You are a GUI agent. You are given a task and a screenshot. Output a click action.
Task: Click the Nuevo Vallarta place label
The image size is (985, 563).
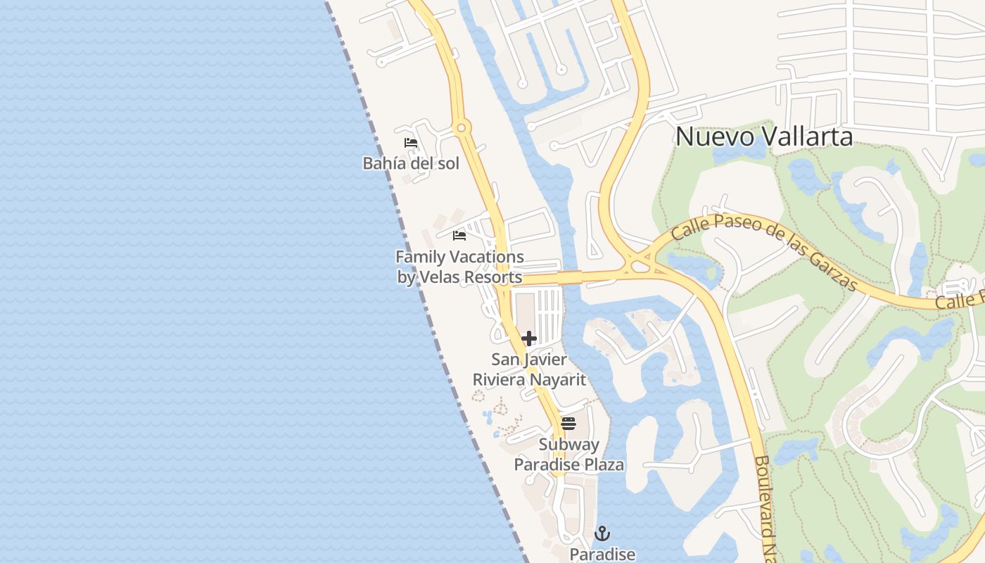pyautogui.click(x=764, y=137)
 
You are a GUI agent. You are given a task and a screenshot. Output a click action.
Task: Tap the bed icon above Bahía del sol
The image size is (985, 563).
pyautogui.click(x=411, y=143)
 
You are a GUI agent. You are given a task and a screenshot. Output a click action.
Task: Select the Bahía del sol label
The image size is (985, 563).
pyautogui.click(x=411, y=163)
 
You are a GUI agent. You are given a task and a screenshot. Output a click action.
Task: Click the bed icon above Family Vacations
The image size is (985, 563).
pyautogui.click(x=459, y=236)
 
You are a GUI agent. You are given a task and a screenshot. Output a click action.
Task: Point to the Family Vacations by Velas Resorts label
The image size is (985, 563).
pyautogui.click(x=459, y=267)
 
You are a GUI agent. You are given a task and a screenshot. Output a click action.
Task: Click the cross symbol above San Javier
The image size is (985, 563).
pyautogui.click(x=529, y=339)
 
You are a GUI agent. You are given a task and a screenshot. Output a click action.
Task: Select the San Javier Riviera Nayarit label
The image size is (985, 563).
pyautogui.click(x=529, y=369)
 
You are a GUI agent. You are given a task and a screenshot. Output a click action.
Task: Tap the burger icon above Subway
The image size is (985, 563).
pyautogui.click(x=568, y=424)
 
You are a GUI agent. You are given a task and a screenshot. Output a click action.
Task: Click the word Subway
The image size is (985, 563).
pyautogui.click(x=568, y=445)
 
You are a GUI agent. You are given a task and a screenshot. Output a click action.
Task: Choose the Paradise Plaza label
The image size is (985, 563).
pyautogui.click(x=568, y=464)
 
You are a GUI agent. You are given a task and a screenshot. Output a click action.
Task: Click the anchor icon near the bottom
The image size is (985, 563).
pyautogui.click(x=602, y=533)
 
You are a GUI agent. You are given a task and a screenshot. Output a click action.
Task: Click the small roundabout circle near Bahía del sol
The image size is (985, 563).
pyautogui.click(x=462, y=127)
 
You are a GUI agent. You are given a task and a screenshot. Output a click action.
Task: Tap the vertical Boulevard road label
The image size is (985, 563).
pyautogui.click(x=764, y=507)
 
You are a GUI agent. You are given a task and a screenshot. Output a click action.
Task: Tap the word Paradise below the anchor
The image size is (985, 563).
pyautogui.click(x=602, y=555)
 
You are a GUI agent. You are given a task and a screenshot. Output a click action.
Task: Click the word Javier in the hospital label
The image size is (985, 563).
pyautogui.click(x=546, y=360)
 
